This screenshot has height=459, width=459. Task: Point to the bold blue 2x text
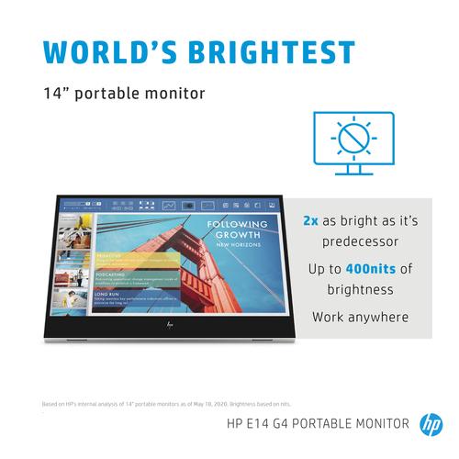[x=311, y=221]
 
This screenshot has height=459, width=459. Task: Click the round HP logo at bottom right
[x=431, y=423]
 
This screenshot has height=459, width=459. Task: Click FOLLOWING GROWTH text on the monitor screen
[x=237, y=229]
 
